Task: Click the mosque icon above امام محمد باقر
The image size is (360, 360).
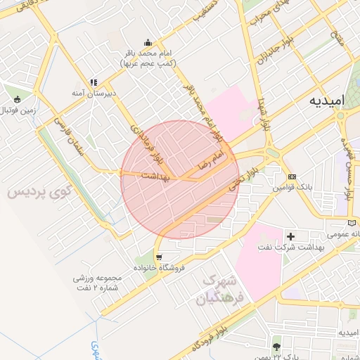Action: (x=148, y=42)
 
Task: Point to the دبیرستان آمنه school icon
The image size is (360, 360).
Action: (x=94, y=83)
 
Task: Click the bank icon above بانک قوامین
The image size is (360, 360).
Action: (x=292, y=176)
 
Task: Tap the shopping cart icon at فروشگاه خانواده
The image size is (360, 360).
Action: (x=160, y=257)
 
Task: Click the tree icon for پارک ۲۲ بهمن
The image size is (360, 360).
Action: (x=276, y=346)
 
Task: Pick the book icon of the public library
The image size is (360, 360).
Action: (x=353, y=223)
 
